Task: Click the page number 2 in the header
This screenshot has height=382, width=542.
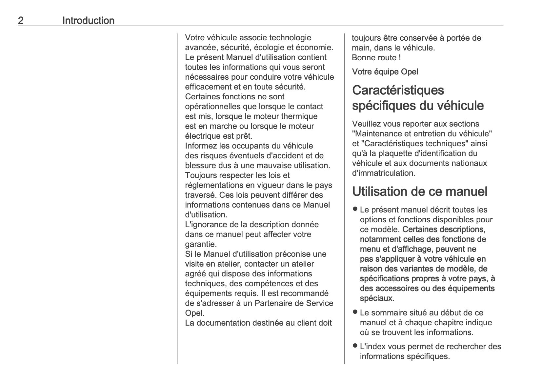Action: [21, 21]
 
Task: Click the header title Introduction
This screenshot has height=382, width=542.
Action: [88, 21]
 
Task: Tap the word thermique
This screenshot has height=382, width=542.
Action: [299, 116]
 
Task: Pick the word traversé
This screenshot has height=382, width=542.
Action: [201, 195]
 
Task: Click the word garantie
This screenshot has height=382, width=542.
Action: [200, 244]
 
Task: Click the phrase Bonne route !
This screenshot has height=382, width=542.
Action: [376, 58]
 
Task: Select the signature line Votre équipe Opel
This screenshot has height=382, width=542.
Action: [385, 72]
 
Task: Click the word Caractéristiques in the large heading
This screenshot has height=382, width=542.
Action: [398, 90]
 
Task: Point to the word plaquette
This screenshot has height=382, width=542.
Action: [395, 153]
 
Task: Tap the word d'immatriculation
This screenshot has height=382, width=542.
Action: [383, 173]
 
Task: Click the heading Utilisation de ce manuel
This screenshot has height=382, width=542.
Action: [420, 191]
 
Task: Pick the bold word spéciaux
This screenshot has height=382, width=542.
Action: [377, 298]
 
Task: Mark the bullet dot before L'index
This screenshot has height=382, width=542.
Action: [355, 346]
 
